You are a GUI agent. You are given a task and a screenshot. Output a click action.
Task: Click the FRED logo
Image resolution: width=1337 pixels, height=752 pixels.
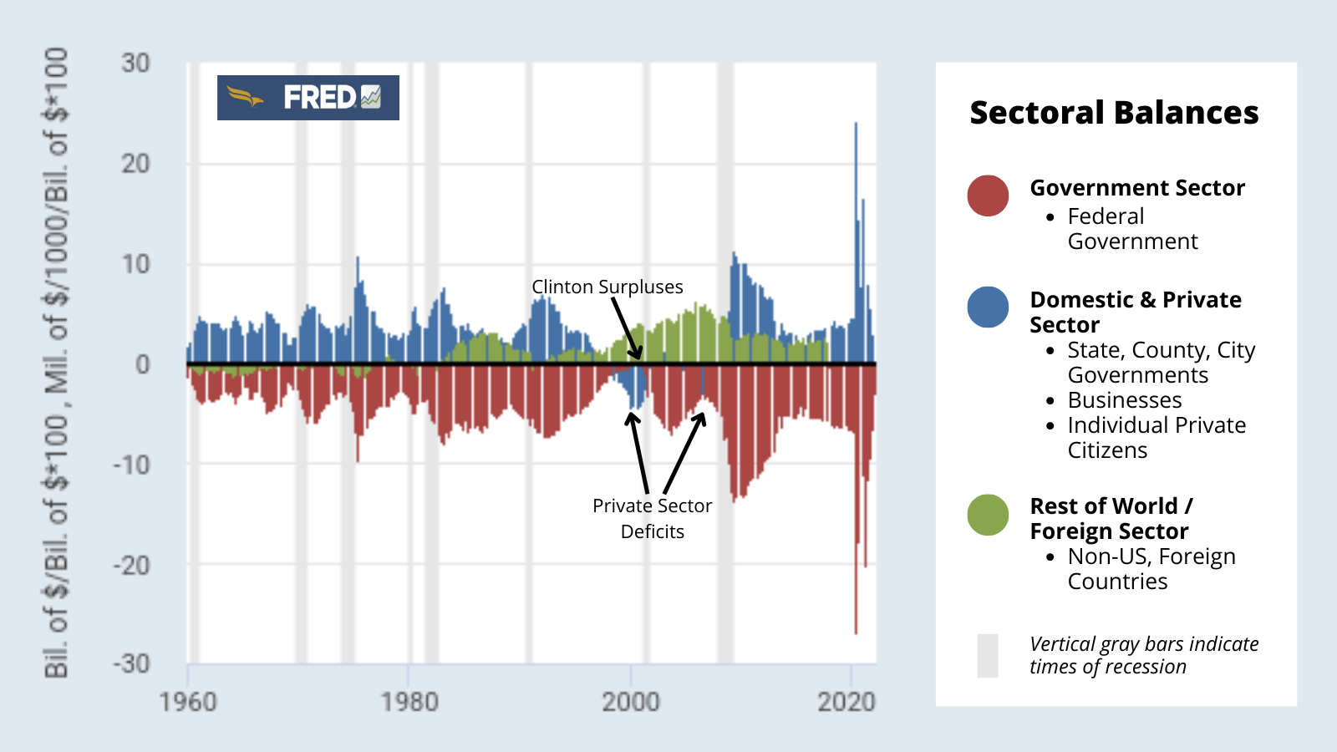pos(308,98)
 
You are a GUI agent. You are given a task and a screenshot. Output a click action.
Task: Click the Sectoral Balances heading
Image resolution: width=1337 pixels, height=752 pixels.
pos(1113,113)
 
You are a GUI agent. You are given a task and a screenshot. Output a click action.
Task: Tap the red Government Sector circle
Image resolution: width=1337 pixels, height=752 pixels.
pos(988,196)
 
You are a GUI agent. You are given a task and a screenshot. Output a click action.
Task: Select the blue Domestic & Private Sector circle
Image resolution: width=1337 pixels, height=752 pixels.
pos(988,307)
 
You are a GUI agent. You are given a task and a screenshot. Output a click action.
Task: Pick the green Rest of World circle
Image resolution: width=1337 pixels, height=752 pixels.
pos(988,515)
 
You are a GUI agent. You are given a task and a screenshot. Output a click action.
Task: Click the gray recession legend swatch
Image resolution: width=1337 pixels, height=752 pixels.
pos(988,656)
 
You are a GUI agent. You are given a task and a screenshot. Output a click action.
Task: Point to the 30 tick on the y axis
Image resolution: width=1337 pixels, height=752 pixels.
pos(135,64)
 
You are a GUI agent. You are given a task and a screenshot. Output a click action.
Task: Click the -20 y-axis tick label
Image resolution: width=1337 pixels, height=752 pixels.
pos(132,565)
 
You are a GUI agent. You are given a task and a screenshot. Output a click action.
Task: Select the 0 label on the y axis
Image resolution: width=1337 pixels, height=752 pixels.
pos(143,364)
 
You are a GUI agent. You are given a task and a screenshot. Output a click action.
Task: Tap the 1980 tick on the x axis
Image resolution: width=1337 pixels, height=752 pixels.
pos(409,702)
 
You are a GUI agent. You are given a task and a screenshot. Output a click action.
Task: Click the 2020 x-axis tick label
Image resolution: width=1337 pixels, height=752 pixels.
pos(846,702)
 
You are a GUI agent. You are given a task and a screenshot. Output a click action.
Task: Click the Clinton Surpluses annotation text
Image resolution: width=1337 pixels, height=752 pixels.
pos(607,287)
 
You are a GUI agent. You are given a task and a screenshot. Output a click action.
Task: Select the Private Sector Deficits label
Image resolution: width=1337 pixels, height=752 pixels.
pos(652,518)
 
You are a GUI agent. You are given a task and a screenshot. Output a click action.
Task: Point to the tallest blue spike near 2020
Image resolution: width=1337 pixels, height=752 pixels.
pos(856,125)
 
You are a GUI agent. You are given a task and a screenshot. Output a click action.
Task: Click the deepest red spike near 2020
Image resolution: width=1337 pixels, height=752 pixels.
pos(856,631)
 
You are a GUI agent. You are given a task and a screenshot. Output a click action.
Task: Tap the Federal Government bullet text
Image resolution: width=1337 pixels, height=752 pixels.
pos(1131,229)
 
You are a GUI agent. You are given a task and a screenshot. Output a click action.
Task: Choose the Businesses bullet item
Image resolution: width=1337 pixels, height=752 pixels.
pos(1125,400)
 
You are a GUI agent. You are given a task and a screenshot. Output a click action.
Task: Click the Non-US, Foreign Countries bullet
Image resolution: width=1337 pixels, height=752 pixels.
pos(1151,569)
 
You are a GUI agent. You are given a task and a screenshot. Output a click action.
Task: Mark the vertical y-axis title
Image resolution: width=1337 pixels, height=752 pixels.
pos(56,363)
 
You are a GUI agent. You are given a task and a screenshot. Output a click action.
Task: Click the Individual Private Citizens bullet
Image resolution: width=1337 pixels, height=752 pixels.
pos(1156,438)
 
